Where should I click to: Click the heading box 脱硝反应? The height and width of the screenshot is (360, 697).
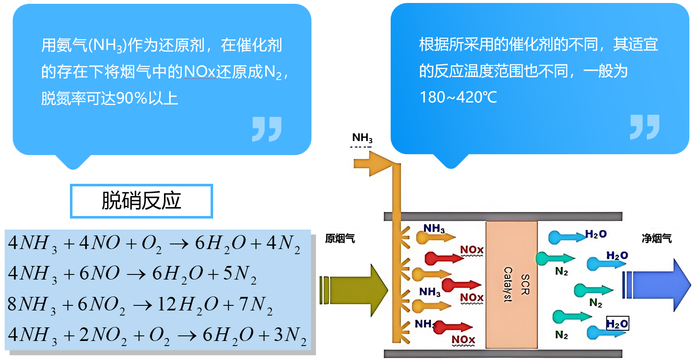[x=141, y=201]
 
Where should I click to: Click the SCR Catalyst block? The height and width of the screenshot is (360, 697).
[x=511, y=285]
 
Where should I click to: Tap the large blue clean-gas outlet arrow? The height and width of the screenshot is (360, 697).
[x=659, y=285]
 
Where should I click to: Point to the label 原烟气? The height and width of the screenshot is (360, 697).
[x=340, y=239]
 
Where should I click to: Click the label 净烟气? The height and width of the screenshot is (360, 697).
[x=656, y=239]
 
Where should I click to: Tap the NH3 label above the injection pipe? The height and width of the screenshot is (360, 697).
[x=362, y=138]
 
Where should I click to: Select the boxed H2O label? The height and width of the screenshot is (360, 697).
[x=617, y=324]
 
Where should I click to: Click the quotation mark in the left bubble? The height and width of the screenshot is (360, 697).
[x=267, y=129]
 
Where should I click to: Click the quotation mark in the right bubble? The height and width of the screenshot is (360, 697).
[x=644, y=127]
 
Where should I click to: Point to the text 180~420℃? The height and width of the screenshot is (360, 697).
[x=458, y=97]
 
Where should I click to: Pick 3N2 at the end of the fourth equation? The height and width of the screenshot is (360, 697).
[x=290, y=335]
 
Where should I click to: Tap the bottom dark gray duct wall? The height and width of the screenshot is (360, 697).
[x=503, y=354]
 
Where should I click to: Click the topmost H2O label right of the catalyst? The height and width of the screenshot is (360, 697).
[x=596, y=234]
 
